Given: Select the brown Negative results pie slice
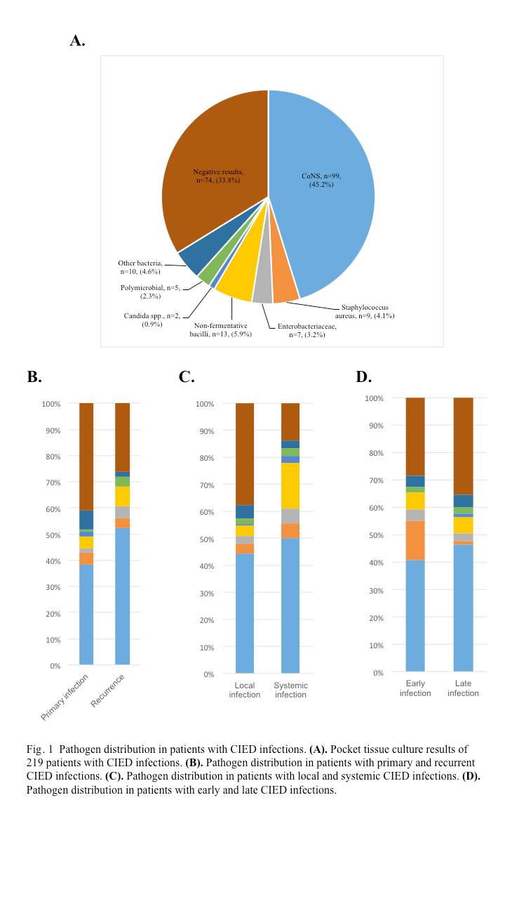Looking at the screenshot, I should coord(217,176).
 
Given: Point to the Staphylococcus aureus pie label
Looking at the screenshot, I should coord(364,311).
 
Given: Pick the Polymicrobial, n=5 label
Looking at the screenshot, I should coord(151,291).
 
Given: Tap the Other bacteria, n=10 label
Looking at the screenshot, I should coord(140,267).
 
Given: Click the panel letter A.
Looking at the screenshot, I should coord(77,41).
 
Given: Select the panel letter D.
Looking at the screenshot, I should coord(363,377).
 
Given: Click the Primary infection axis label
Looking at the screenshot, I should coord(65,697).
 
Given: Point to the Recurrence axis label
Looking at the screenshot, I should coord(108,690).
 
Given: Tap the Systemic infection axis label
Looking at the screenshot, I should coord(290,690).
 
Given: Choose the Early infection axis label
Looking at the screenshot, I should coord(415,688).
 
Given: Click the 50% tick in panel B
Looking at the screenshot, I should coord(51,535).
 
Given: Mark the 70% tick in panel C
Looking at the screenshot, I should coord(204,485).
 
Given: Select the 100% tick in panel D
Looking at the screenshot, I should coord(375,398).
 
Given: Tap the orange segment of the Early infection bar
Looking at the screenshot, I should coord(415,540).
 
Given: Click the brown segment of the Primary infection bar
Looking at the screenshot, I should coord(86,457).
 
